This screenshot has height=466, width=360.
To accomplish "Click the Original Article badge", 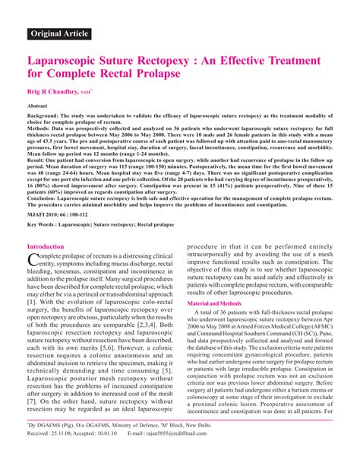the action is [x=60, y=33].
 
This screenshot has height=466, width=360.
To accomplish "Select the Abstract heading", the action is [x=39, y=106].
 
